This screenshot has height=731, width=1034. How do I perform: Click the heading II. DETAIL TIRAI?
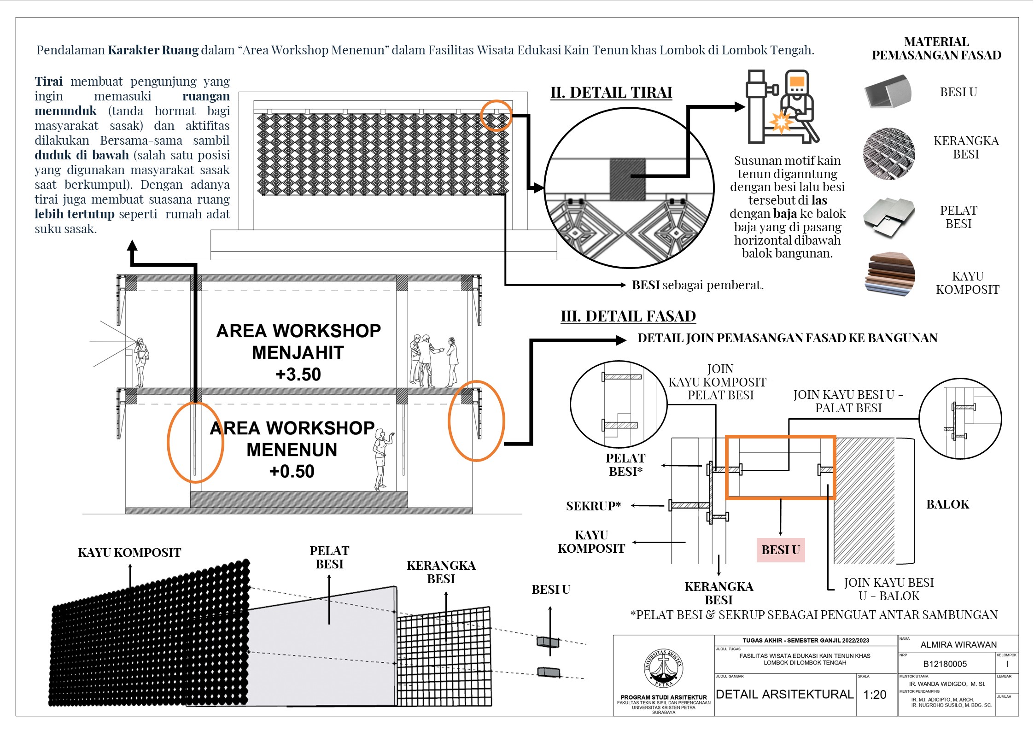pyautogui.click(x=611, y=93)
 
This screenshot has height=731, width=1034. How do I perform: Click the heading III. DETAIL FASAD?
pyautogui.click(x=628, y=316)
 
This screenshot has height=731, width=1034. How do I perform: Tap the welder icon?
pyautogui.click(x=782, y=107)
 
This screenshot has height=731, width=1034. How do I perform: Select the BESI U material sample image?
pyautogui.click(x=888, y=92)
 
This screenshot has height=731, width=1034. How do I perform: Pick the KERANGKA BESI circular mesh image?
pyautogui.click(x=888, y=154)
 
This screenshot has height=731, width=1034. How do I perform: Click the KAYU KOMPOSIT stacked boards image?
pyautogui.click(x=890, y=275)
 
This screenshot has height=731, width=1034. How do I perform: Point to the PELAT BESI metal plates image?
pyautogui.click(x=888, y=217)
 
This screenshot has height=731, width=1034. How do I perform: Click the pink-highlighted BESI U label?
pyautogui.click(x=780, y=550)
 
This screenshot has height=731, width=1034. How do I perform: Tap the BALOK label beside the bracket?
pyautogui.click(x=947, y=504)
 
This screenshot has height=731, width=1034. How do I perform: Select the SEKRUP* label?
pyautogui.click(x=593, y=506)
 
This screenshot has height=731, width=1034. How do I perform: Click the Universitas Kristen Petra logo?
pyautogui.click(x=663, y=668)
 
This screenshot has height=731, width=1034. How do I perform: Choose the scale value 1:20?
pyautogui.click(x=874, y=695)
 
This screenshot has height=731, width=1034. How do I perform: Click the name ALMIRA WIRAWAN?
pyautogui.click(x=958, y=645)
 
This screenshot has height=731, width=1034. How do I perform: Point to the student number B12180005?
pyautogui.click(x=945, y=664)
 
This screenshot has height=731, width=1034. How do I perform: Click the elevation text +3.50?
pyautogui.click(x=298, y=374)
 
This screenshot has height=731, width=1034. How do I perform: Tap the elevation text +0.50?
pyautogui.click(x=292, y=472)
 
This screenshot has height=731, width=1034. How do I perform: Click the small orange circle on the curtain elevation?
pyautogui.click(x=496, y=116)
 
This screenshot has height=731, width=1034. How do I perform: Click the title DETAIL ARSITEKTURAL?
pyautogui.click(x=784, y=695)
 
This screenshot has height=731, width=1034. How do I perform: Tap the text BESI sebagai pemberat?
pyautogui.click(x=697, y=285)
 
